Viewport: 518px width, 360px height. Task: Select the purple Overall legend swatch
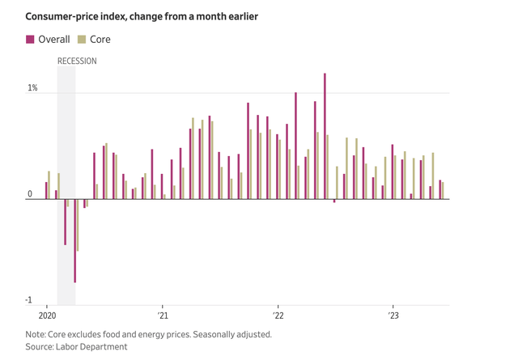pos(31,39)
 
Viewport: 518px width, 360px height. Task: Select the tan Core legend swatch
pos(82,39)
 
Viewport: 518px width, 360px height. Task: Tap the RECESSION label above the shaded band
pos(77,61)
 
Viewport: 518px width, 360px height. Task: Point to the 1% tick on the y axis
pos(32,87)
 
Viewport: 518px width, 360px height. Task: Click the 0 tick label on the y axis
pos(29,194)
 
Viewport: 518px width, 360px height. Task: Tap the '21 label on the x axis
pos(162,316)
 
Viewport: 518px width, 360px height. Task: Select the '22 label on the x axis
pos(277,316)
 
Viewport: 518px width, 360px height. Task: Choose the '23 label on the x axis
pos(393,316)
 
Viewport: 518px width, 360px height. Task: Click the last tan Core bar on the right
pos(443,191)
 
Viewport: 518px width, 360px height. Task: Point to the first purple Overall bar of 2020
pos(46,190)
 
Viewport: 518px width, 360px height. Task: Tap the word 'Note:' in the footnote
pos(36,333)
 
